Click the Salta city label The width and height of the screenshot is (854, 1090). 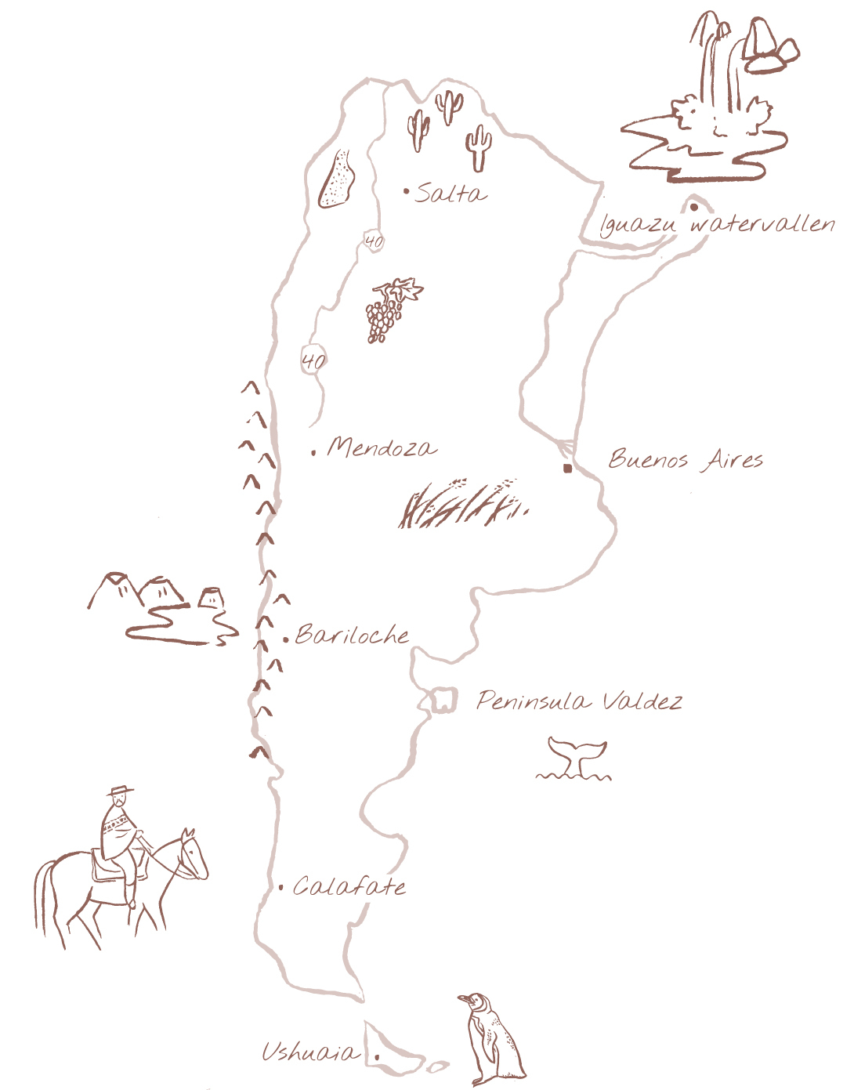[451, 193]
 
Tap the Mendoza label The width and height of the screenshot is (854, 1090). [381, 447]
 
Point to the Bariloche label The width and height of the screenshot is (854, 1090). [352, 635]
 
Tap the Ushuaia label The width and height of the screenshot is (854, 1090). [309, 1052]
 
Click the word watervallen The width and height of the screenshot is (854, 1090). [762, 224]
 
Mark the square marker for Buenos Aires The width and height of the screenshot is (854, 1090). [567, 469]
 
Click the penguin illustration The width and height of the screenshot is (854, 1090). [492, 1038]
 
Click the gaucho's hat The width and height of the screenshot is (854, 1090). [120, 791]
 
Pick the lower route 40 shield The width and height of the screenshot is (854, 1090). [313, 360]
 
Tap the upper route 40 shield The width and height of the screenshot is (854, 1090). [374, 241]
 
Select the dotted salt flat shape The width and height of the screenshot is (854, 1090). [338, 180]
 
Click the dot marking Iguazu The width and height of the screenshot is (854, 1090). [694, 208]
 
